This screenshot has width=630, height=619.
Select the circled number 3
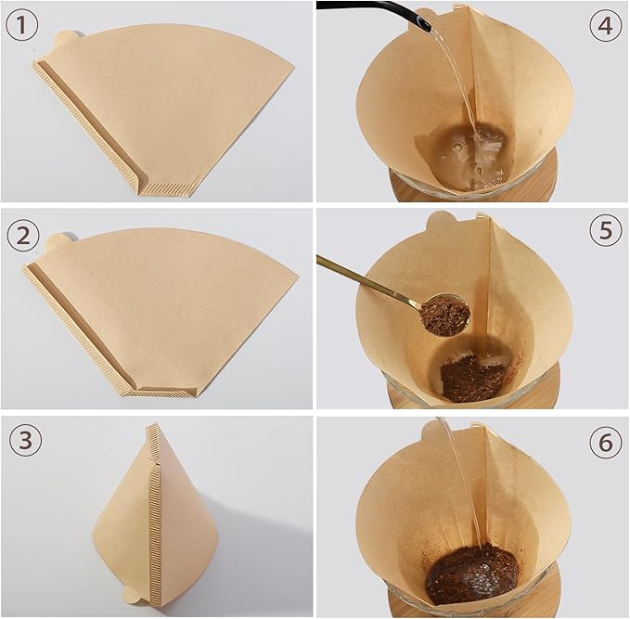pos(22,441)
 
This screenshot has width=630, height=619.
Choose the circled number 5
pos(606,230)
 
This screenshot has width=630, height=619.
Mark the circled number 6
pos(606,443)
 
